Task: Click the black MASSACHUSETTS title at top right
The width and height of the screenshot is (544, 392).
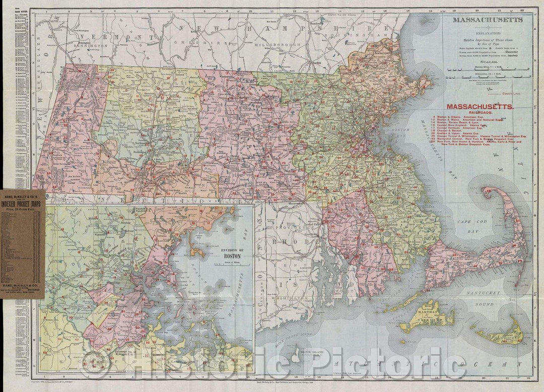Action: [x=487, y=20]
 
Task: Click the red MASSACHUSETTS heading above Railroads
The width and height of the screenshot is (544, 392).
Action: [x=481, y=107]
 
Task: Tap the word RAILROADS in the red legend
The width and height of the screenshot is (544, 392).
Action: [x=481, y=113]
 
